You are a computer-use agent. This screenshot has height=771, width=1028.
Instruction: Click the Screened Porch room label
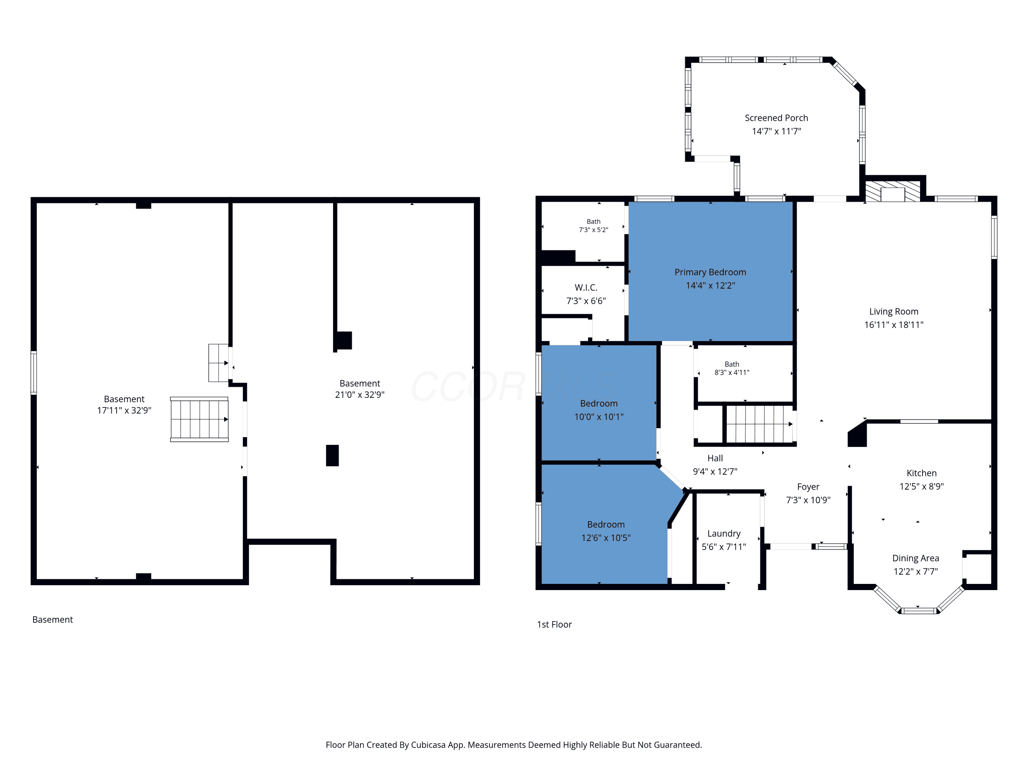pos(776,118)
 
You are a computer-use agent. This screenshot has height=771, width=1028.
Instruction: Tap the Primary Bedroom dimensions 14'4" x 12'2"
pos(710,285)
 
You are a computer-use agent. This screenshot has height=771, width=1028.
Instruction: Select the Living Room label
pos(894,311)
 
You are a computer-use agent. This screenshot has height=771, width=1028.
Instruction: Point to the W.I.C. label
pos(586,288)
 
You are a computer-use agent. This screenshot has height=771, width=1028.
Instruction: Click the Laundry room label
pos(724,534)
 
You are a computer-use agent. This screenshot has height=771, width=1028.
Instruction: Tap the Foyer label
pos(808,487)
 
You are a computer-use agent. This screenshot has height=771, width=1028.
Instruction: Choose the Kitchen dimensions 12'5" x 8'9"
pos(921,487)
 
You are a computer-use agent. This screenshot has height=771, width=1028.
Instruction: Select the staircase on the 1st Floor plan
pos(759,424)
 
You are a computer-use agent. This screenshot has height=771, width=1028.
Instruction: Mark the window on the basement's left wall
pos(34,373)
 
